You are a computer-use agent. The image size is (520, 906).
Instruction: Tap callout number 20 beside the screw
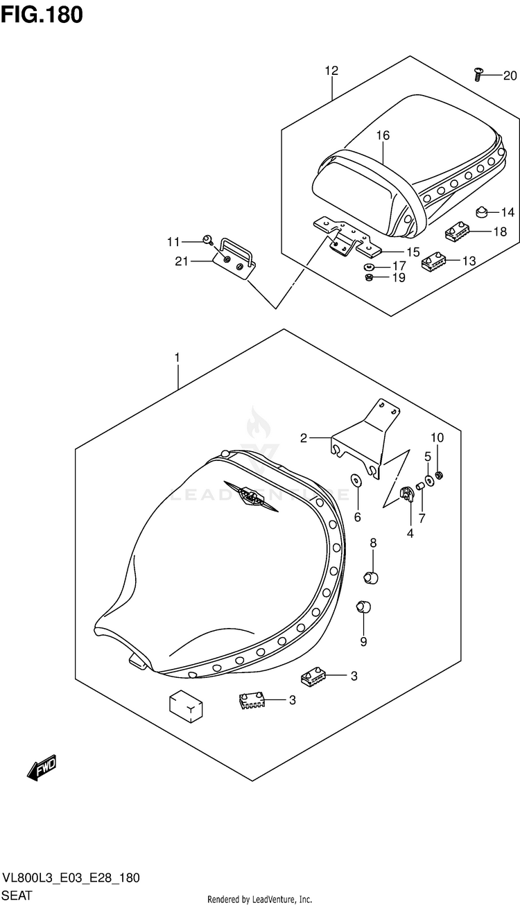510,76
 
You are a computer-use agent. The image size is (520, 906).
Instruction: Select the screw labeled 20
478,73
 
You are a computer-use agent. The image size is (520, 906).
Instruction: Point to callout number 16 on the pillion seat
383,135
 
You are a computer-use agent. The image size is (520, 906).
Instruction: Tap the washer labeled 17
369,265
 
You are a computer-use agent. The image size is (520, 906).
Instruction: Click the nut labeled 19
370,278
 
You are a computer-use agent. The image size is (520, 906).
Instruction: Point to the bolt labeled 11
207,240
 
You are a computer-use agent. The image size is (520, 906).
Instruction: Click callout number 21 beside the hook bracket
182,261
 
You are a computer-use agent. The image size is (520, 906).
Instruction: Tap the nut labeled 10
438,476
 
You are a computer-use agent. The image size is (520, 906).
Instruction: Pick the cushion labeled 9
363,607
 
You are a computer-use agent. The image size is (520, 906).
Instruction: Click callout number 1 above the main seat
177,358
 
